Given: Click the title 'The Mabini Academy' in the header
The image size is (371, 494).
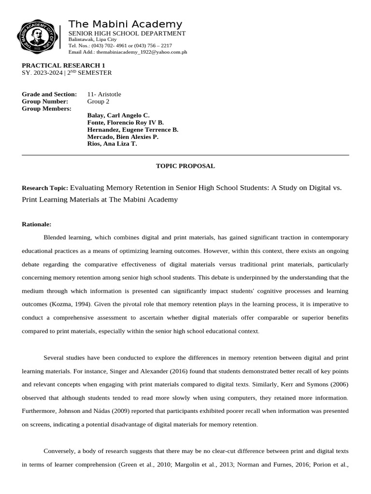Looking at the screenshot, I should click(125, 24).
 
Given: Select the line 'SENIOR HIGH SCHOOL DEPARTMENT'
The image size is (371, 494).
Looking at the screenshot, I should click(127, 33).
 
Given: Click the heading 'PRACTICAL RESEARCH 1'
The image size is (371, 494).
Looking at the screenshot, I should click(63, 65).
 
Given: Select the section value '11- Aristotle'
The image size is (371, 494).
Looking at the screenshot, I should click(104, 94).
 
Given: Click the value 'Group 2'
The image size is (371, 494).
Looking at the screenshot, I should click(98, 101).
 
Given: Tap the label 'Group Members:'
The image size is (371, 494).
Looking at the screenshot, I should click(46, 109).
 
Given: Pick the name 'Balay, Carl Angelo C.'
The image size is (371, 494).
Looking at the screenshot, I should click(118, 115).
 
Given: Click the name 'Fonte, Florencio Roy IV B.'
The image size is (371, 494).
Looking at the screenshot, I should click(125, 123).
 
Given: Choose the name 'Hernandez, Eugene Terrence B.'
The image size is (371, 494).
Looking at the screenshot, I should click(132, 130).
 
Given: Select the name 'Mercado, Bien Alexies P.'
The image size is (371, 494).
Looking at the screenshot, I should click(123, 137).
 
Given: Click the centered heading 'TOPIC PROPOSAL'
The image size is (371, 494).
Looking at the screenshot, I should click(185, 166).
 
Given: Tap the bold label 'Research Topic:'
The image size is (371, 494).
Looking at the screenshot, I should click(45, 188).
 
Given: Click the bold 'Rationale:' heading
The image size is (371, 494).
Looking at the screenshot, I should click(36, 224).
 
